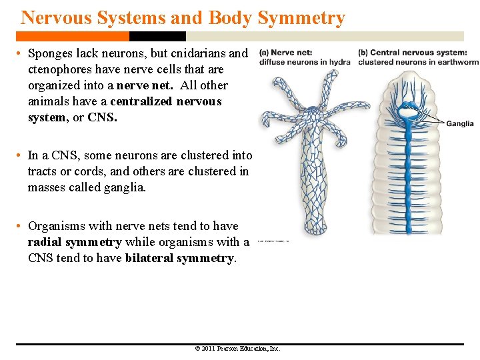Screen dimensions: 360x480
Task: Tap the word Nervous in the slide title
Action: [51, 18]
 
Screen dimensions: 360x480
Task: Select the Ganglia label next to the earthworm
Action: [459, 123]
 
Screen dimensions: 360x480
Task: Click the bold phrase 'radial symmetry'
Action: [74, 242]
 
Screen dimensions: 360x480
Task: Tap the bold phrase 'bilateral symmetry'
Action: [179, 258]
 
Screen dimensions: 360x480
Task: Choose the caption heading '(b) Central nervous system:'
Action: [412, 53]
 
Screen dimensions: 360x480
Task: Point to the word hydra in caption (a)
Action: [339, 62]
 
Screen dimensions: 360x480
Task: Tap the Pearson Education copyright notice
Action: [237, 349]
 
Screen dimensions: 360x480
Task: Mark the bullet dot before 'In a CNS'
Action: [21, 155]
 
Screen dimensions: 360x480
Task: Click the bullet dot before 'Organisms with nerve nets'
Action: [21, 227]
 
